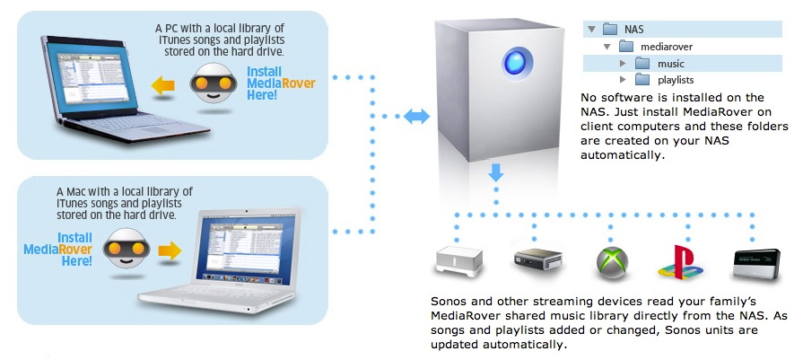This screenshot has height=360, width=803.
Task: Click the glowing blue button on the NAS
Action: point(517,64)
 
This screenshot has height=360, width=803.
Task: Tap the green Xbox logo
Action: point(612,263)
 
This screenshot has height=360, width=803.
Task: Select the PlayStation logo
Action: point(680,262)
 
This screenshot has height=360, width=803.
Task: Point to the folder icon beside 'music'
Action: point(642,64)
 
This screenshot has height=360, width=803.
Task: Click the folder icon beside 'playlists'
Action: point(642,80)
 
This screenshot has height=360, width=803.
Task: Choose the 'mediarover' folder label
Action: point(667,47)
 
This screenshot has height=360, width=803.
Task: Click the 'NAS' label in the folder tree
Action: point(634,30)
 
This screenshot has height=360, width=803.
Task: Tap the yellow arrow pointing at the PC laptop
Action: point(163,85)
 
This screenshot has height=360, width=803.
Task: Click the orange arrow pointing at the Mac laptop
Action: point(170,250)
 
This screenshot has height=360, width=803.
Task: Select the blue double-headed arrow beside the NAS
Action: point(416,116)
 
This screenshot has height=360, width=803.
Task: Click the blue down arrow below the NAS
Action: point(496,171)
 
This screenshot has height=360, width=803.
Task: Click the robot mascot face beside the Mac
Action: point(126,249)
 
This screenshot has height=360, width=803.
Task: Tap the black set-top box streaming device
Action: point(537,259)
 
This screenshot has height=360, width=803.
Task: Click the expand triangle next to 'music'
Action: point(623,64)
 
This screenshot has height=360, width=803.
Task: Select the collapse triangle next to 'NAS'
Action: point(591,30)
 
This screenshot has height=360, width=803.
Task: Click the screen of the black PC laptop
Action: point(92,77)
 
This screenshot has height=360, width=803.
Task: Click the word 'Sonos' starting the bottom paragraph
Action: point(449,301)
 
